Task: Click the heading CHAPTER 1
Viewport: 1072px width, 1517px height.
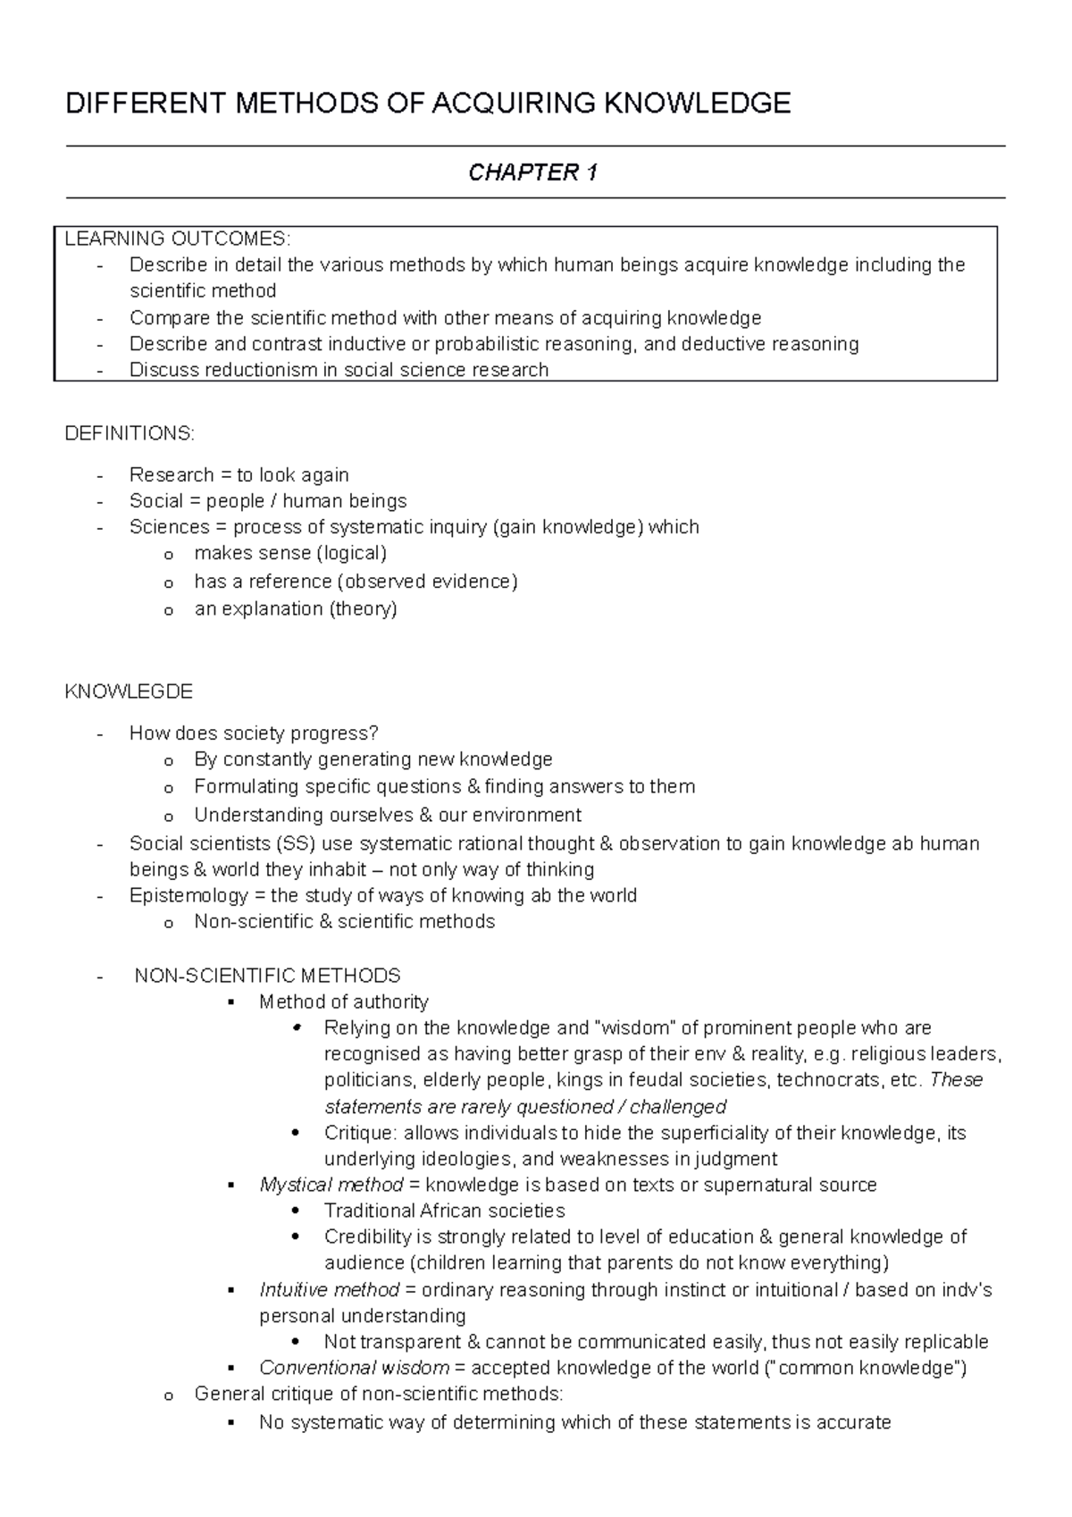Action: [533, 172]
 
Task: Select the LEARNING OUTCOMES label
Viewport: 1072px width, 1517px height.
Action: [178, 239]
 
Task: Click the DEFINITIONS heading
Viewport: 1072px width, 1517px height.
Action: [130, 433]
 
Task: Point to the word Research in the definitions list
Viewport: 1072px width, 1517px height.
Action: [172, 474]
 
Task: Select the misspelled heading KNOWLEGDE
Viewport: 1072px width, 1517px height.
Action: [130, 691]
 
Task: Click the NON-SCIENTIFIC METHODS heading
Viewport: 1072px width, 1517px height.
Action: [267, 976]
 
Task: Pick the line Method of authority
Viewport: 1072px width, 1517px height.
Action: [344, 1002]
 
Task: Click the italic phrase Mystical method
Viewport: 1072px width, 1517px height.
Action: [331, 1185]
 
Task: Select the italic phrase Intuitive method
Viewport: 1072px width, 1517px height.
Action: [329, 1290]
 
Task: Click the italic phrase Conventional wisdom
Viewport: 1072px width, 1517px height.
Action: [354, 1368]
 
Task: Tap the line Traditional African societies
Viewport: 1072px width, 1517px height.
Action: [444, 1211]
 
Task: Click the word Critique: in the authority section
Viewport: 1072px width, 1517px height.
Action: [360, 1133]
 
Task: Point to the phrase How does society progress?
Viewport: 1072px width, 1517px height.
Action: [254, 733]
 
